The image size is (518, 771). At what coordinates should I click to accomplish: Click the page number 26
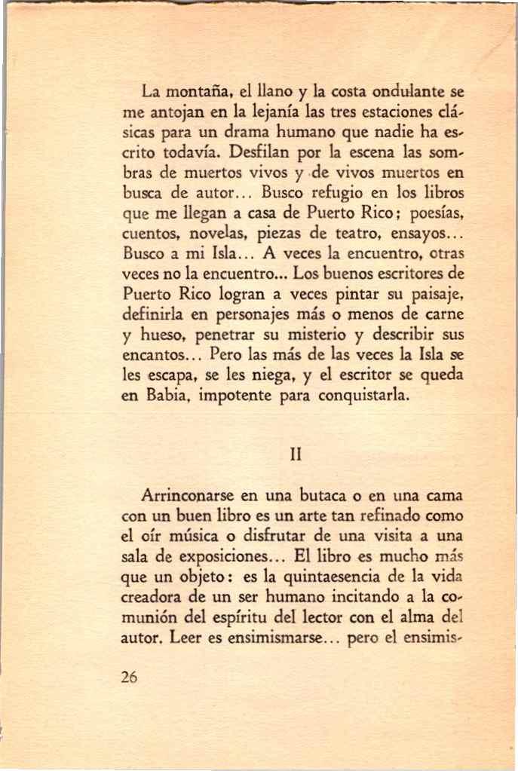tap(129, 677)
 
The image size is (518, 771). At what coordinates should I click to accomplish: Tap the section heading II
tap(296, 454)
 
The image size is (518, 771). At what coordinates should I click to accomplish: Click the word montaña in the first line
tap(200, 94)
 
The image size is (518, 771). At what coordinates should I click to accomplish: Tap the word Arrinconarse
tap(188, 497)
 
